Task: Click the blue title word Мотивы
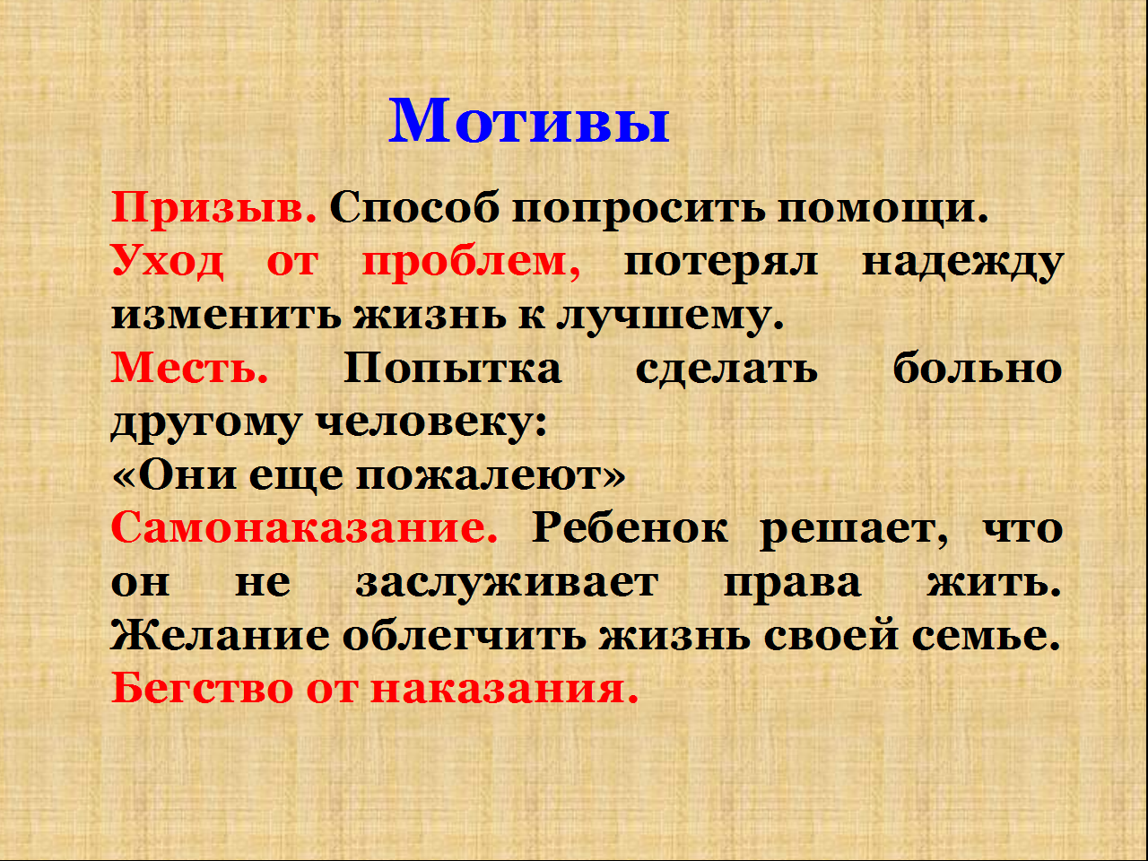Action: [x=529, y=121]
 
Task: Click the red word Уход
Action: [x=168, y=262]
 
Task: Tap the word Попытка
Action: [x=452, y=368]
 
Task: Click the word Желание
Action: [x=221, y=636]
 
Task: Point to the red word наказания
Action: [x=504, y=690]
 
